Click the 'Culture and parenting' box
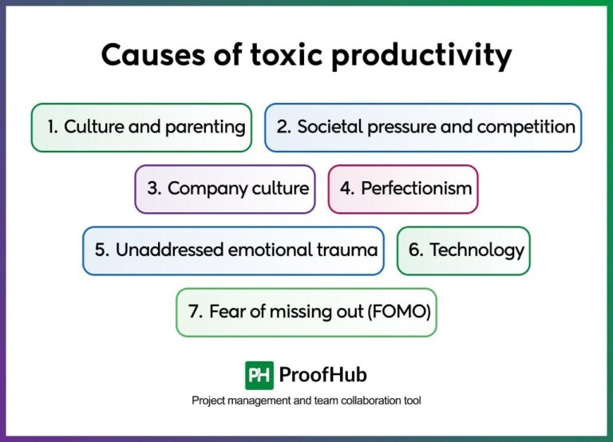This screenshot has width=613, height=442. (141, 127)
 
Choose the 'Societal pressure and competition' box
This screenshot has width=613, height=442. (423, 127)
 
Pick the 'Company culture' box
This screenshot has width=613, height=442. (225, 189)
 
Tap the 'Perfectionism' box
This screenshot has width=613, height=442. (403, 189)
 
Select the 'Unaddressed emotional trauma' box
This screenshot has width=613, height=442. (233, 251)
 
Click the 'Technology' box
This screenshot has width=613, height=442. (464, 251)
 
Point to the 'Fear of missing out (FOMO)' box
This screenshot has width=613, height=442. (306, 312)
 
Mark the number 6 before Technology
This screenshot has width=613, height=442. (416, 251)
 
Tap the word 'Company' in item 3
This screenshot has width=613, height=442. (201, 189)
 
